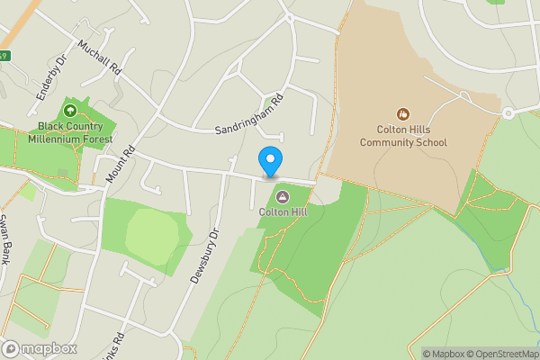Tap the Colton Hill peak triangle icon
tap(282, 197)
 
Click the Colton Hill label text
tap(282, 212)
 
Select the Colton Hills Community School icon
tap(403, 114)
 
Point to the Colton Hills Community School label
tap(403, 136)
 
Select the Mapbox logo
tap(39, 348)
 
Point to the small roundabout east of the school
tap(507, 112)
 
